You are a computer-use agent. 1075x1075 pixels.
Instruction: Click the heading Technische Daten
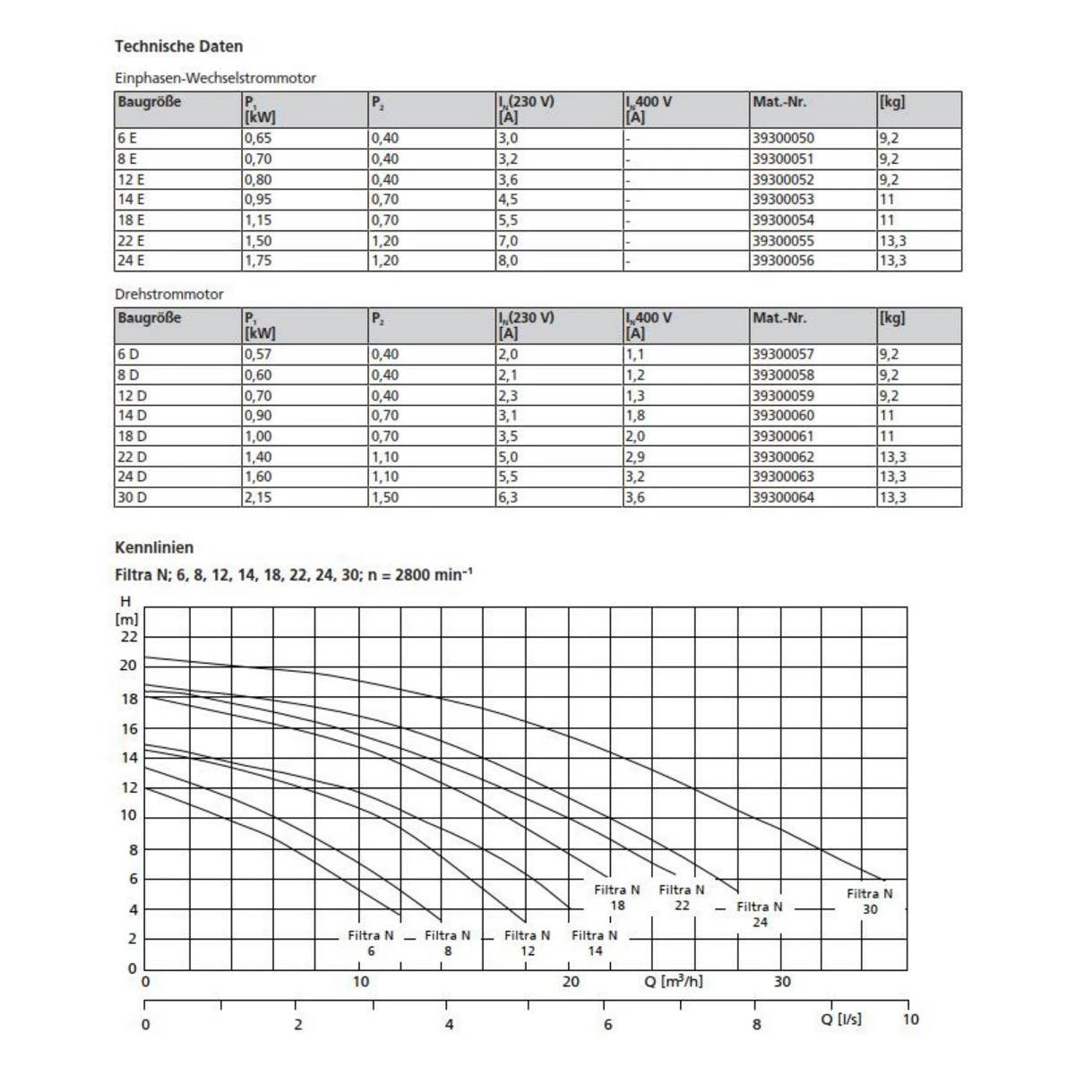tap(179, 47)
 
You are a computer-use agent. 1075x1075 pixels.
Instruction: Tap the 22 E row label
tap(131, 241)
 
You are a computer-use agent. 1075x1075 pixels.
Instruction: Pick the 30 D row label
tap(132, 497)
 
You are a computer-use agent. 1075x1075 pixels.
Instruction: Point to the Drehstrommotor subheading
tap(169, 294)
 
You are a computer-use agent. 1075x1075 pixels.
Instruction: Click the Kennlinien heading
tap(154, 547)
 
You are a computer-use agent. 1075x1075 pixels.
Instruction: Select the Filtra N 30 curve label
tap(870, 901)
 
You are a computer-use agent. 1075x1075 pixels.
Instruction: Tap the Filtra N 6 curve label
tap(371, 942)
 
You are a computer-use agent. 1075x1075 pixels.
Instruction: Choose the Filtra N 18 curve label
tap(617, 898)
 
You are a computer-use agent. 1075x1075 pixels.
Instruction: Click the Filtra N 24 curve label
tap(760, 914)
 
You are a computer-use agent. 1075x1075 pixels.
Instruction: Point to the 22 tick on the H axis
tap(130, 637)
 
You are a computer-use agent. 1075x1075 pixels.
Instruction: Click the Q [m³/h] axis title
tap(674, 981)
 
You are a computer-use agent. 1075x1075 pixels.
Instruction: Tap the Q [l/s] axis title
tap(841, 1019)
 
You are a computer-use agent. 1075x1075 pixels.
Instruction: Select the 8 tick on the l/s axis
tap(757, 1024)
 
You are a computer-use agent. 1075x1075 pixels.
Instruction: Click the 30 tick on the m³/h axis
tap(782, 982)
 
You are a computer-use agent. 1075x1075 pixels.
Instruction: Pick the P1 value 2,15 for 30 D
tap(258, 497)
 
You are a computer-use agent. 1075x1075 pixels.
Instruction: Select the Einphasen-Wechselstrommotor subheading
tap(216, 78)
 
